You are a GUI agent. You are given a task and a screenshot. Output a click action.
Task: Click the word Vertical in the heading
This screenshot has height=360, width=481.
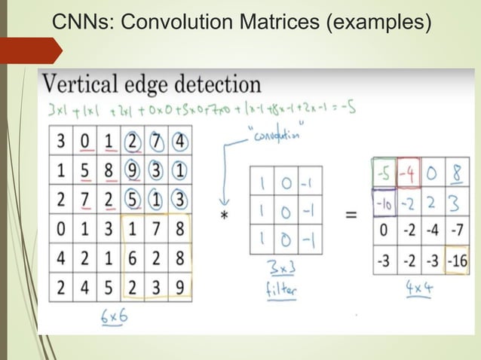pyautogui.click(x=84, y=84)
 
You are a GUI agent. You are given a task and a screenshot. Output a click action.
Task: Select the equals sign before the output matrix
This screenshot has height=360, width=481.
pyautogui.click(x=351, y=215)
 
